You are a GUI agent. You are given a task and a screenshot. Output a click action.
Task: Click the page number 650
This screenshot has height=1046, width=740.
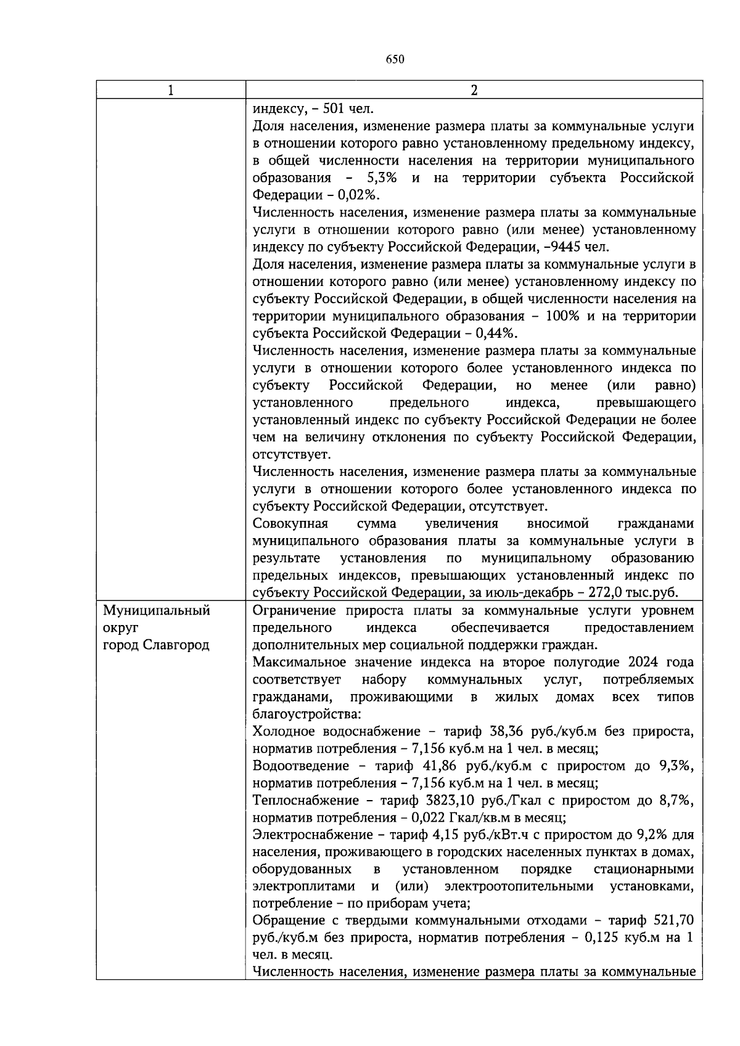[x=395, y=59]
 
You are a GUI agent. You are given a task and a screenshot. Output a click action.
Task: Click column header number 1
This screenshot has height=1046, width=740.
[x=170, y=91]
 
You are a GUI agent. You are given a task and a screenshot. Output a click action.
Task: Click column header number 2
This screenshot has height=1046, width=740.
[x=474, y=91]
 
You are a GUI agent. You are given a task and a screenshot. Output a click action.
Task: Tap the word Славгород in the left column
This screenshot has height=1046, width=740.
[x=176, y=645]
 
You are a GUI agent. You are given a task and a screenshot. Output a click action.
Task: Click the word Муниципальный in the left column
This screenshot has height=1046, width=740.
[x=157, y=610]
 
